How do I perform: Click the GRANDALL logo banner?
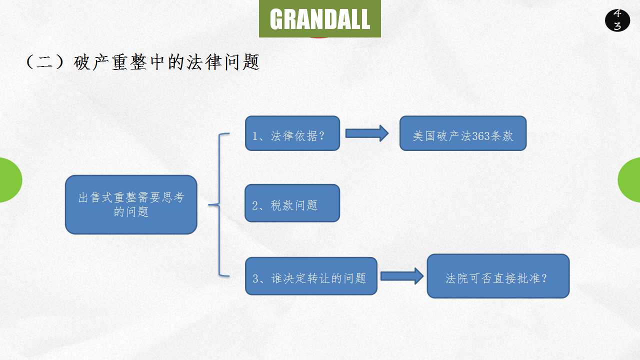(x=320, y=19)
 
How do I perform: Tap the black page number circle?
(x=617, y=20)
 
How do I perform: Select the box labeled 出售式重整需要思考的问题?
(x=131, y=204)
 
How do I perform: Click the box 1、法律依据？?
(x=292, y=133)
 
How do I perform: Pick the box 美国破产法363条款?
(x=463, y=133)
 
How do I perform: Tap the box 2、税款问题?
(x=292, y=203)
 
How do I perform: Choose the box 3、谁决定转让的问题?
(x=311, y=276)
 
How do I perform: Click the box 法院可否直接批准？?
(x=498, y=276)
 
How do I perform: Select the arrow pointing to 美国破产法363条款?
(x=367, y=133)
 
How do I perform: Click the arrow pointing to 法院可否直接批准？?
(x=402, y=276)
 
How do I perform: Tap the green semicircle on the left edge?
(x=10, y=180)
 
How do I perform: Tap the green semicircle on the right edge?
(x=630, y=180)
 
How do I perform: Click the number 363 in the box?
(x=480, y=136)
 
